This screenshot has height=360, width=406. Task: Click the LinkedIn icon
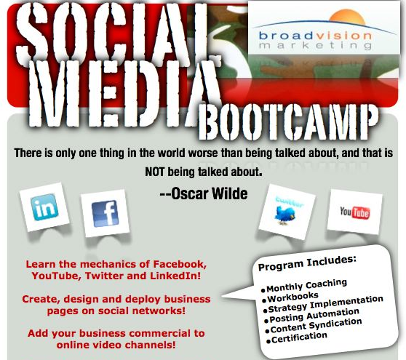click(x=44, y=207)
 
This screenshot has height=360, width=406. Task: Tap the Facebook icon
click(x=105, y=214)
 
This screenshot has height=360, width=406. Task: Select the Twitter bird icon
click(x=284, y=215)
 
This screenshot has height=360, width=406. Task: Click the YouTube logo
click(x=355, y=212)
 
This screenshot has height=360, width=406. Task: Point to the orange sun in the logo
click(x=348, y=17)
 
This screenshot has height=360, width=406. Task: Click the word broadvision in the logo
click(x=315, y=35)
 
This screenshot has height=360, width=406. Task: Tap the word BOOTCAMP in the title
click(x=288, y=121)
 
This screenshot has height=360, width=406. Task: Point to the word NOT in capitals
click(x=154, y=172)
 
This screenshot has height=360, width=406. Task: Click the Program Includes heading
click(x=307, y=263)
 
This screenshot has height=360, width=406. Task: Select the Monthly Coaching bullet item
click(x=304, y=286)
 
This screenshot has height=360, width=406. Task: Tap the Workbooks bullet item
click(x=290, y=297)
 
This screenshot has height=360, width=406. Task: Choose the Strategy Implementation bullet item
click(x=324, y=305)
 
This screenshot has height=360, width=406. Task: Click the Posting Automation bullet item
click(x=312, y=316)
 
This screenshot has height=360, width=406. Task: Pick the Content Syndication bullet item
click(x=314, y=326)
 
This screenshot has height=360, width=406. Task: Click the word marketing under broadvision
click(x=315, y=45)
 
